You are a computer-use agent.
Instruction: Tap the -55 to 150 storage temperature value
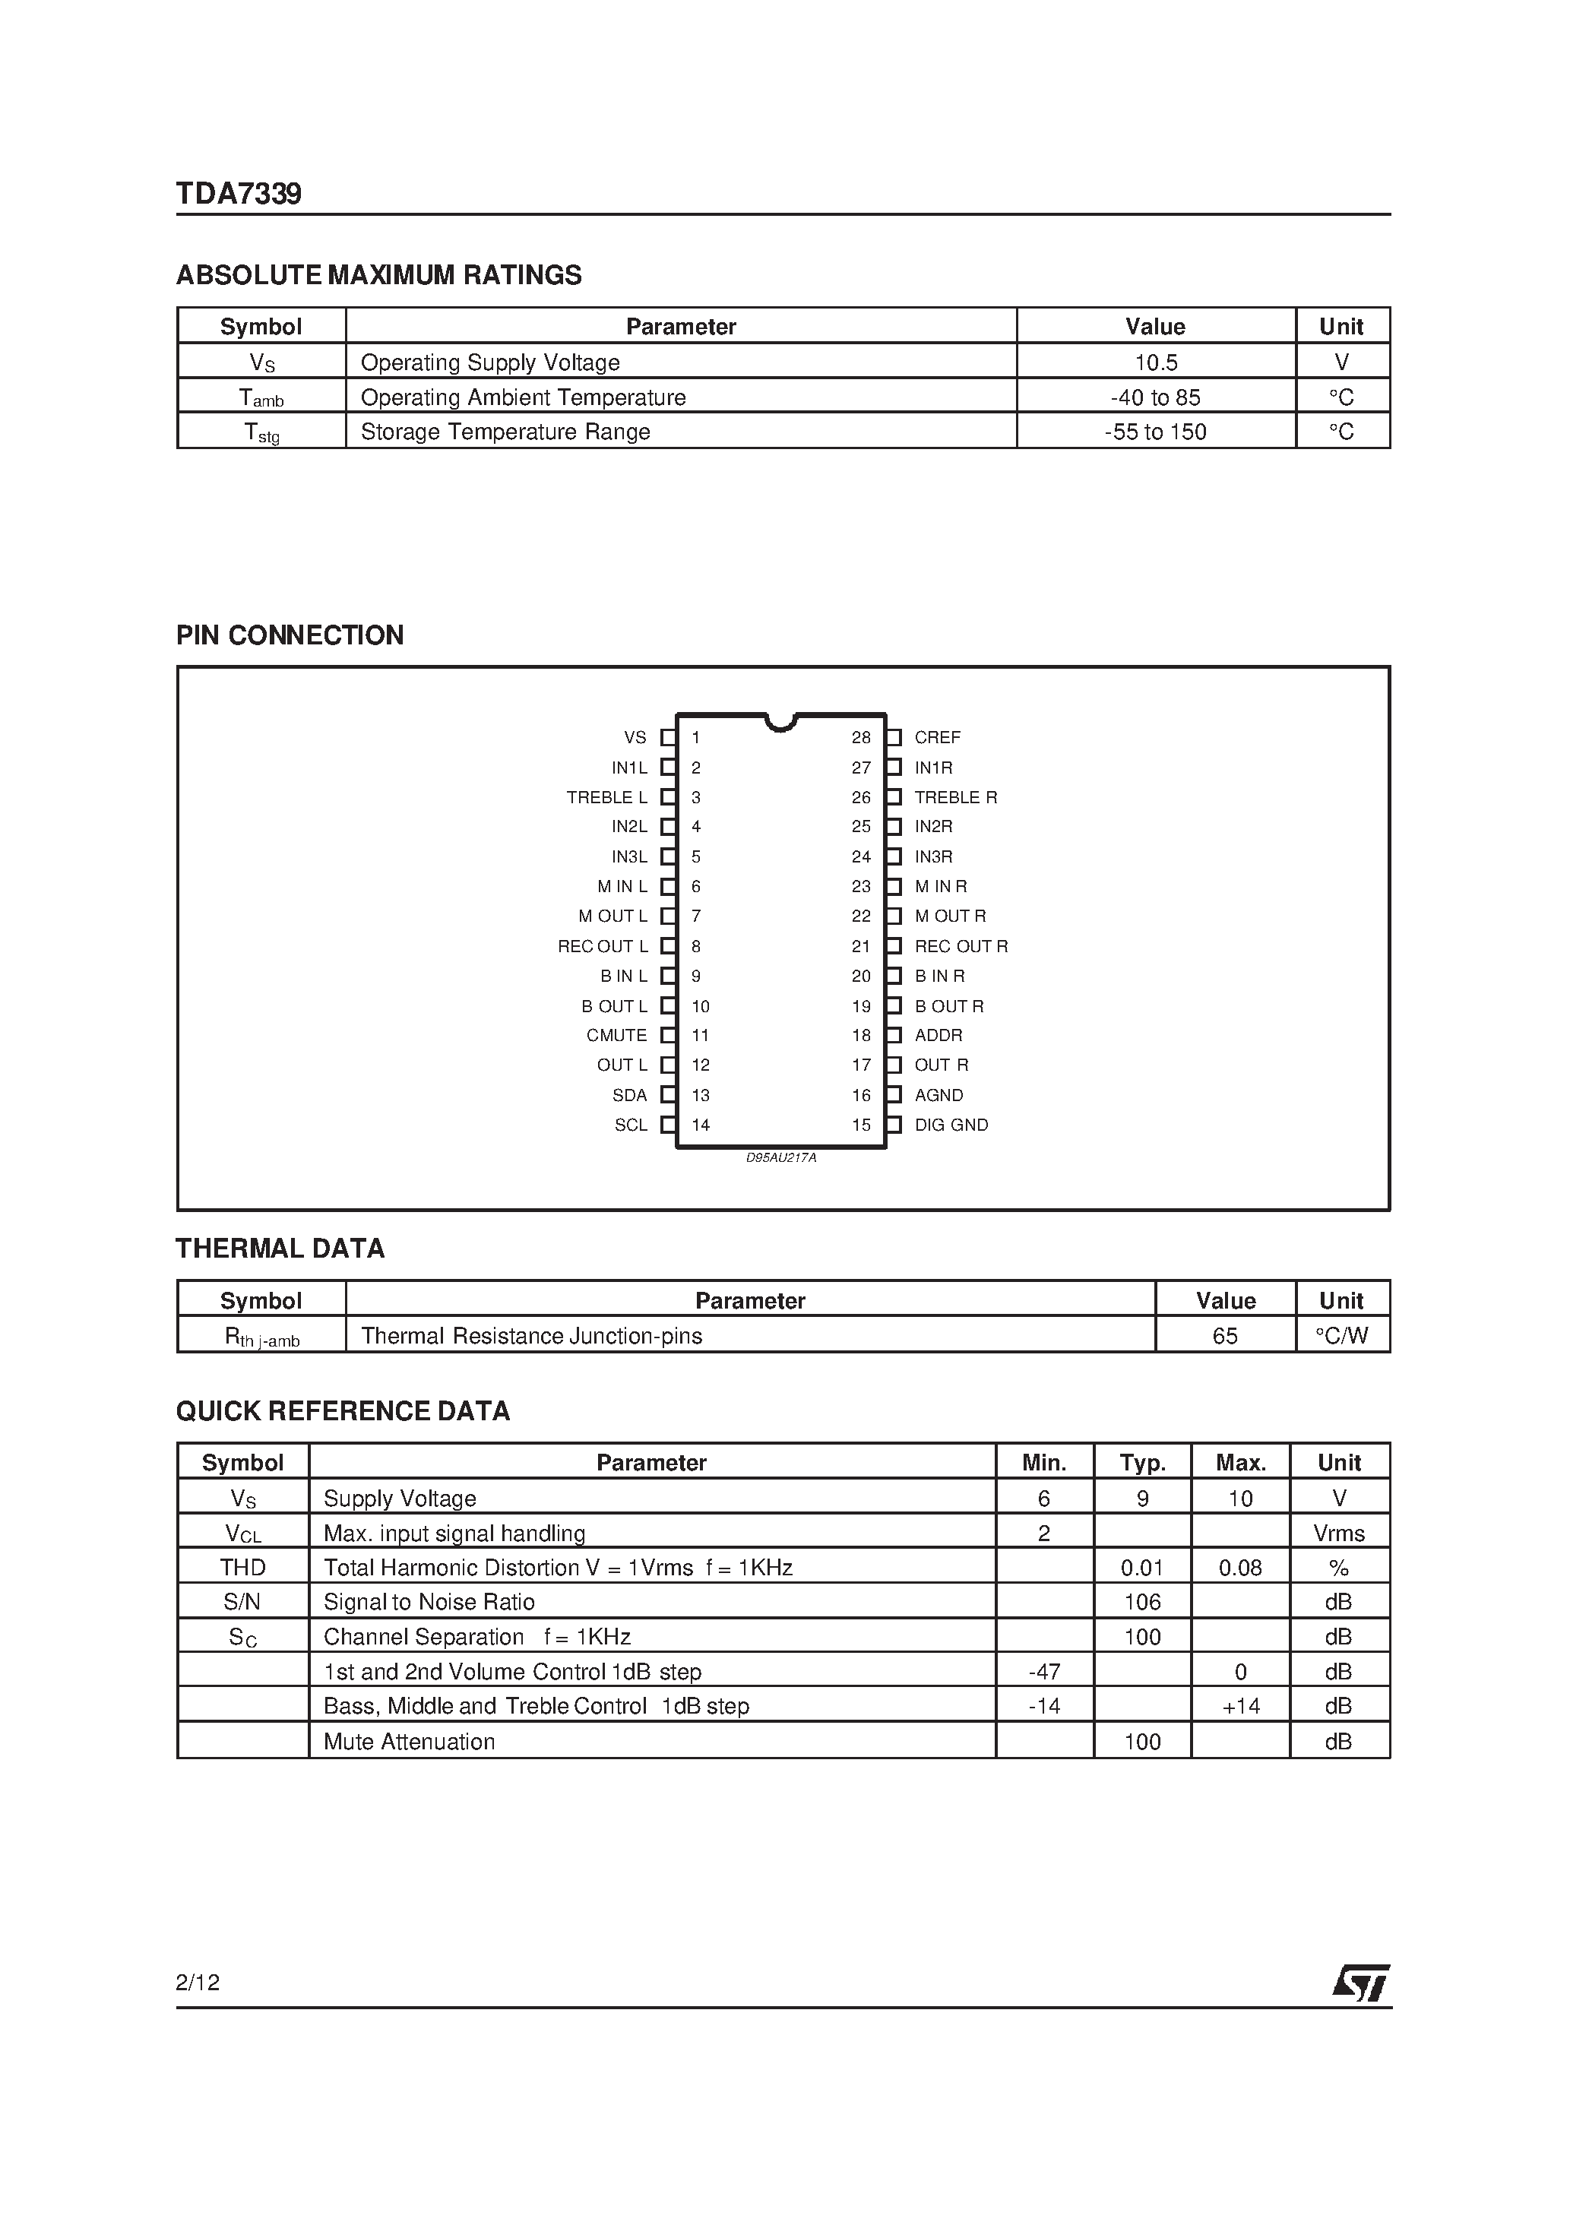click(1155, 432)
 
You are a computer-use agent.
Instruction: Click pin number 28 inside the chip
click(860, 737)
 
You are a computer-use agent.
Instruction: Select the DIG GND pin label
click(951, 1125)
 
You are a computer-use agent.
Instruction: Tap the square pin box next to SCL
click(668, 1125)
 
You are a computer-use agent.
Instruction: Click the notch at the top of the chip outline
click(780, 722)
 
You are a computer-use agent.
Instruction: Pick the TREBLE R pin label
click(955, 796)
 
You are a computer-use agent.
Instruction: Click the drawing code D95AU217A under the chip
click(780, 1157)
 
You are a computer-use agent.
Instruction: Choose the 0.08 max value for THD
click(1240, 1568)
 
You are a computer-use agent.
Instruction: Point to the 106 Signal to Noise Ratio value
click(1142, 1602)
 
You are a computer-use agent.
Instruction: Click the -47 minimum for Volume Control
click(1043, 1671)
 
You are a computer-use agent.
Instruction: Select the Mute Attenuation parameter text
click(409, 1741)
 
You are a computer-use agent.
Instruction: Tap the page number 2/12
click(198, 1982)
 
